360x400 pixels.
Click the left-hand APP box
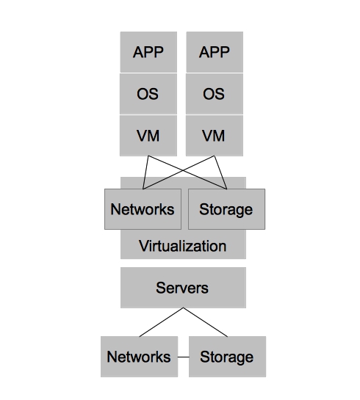click(x=148, y=51)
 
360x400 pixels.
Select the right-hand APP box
click(x=214, y=51)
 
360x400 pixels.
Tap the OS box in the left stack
click(x=148, y=94)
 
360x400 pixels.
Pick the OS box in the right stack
click(x=214, y=94)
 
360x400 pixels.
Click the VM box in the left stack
click(x=148, y=136)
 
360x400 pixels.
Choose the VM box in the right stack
click(x=214, y=136)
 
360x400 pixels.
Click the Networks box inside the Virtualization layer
click(x=143, y=209)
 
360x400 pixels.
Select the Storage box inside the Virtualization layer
click(x=226, y=209)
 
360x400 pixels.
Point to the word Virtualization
click(x=183, y=245)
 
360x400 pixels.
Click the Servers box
click(x=183, y=287)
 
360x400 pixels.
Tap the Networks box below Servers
click(x=139, y=357)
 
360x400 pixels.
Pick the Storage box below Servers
click(x=226, y=357)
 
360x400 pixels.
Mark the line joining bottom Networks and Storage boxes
click(x=182, y=357)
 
